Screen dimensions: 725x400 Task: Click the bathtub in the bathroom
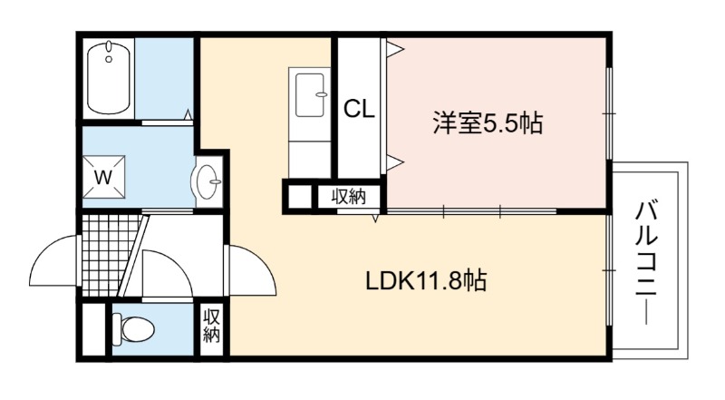(109, 78)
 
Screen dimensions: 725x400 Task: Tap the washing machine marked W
(103, 177)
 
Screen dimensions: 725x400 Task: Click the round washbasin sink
(208, 181)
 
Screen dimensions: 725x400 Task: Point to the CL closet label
(359, 110)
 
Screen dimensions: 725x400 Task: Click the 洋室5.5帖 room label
(488, 122)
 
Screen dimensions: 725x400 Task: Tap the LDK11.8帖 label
(426, 280)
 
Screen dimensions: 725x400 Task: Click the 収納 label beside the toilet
(211, 326)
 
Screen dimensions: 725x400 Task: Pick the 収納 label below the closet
(349, 197)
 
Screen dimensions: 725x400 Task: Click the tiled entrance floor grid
(111, 255)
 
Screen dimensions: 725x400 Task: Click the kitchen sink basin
(310, 95)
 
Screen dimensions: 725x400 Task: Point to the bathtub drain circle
(109, 59)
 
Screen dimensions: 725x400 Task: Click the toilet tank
(117, 329)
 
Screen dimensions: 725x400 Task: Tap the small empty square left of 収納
(300, 196)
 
